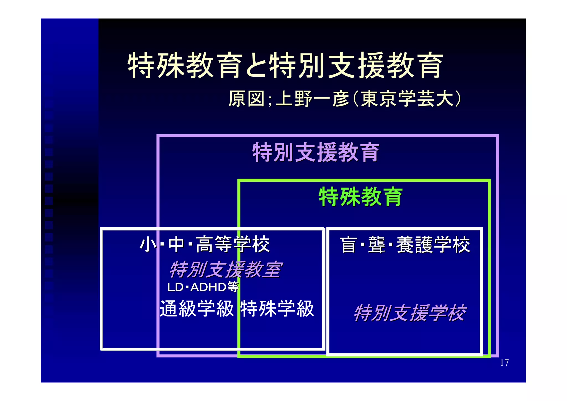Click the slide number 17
[504, 363]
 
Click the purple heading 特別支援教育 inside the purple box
[315, 152]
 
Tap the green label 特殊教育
[360, 197]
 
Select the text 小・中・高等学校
[205, 245]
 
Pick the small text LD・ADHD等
[203, 287]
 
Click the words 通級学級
[197, 309]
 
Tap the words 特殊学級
[277, 309]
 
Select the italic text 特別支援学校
[410, 313]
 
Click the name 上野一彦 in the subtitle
[313, 99]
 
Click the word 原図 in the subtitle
[247, 99]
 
